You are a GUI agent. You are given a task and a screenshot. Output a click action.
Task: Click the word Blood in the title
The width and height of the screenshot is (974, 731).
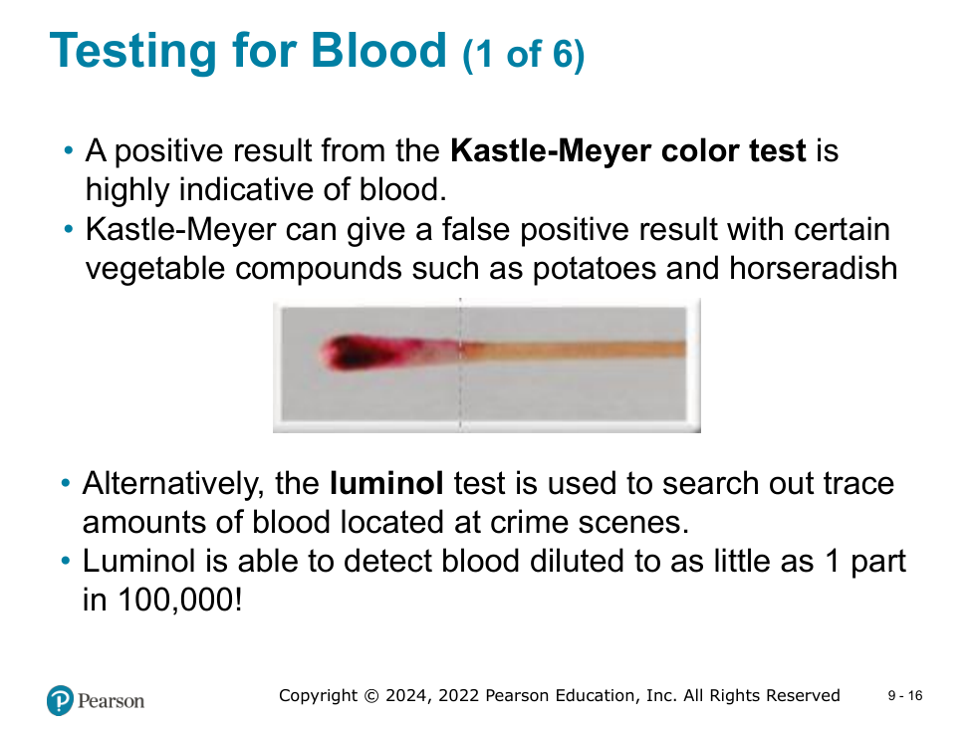point(378,50)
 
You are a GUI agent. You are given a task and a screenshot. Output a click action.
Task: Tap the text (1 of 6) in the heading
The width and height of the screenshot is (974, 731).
point(524,54)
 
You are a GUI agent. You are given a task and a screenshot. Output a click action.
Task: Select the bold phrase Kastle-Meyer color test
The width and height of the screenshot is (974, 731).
point(628,151)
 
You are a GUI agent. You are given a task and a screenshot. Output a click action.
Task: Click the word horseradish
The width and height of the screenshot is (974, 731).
point(813,268)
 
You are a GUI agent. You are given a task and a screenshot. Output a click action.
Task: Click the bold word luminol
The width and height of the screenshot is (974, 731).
point(386,483)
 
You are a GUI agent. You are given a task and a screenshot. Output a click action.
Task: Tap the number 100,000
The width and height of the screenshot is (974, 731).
point(175,600)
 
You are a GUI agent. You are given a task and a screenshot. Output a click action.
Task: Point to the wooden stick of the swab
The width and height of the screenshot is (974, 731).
point(573,350)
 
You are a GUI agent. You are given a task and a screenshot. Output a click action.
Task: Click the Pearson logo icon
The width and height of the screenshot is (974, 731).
point(61,700)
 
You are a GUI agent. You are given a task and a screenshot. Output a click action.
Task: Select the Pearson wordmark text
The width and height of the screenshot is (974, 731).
point(111,701)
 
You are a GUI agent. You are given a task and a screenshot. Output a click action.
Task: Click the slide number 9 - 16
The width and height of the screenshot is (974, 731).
point(905,695)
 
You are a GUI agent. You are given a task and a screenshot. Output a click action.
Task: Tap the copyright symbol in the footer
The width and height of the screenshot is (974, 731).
point(370,695)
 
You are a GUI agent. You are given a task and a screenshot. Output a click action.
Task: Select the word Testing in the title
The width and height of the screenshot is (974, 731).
point(133,52)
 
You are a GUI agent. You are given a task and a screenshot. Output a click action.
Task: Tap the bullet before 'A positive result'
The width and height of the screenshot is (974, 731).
point(69,151)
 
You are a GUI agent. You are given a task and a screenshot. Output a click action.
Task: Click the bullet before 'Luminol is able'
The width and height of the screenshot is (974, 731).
point(66,561)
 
